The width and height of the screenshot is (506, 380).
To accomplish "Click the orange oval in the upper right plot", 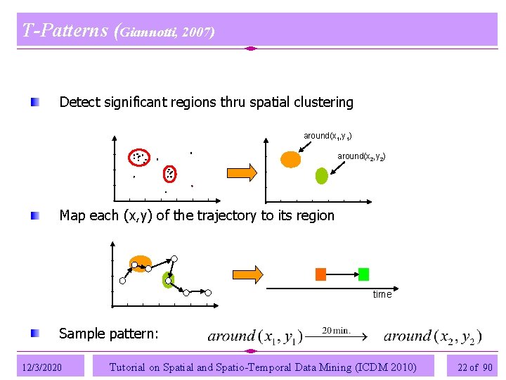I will tap(290, 159).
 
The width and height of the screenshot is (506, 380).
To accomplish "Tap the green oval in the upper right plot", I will tap(322, 176).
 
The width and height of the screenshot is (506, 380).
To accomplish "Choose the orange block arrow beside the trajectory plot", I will tap(247, 274).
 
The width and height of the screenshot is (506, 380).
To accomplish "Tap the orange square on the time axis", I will tap(320, 274).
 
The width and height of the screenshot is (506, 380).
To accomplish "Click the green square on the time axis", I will tap(363, 274).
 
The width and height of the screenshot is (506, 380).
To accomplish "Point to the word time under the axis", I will tap(382, 294).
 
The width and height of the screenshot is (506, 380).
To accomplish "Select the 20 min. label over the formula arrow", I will tap(337, 330).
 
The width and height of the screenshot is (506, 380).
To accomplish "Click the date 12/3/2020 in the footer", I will tap(41, 367).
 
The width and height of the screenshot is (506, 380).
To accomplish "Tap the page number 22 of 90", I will tap(475, 367).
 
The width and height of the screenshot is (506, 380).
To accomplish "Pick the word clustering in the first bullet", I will tap(323, 102).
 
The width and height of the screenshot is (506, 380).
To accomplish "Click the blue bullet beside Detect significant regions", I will tap(35, 103).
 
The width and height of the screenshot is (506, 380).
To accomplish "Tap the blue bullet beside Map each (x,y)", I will tap(35, 215).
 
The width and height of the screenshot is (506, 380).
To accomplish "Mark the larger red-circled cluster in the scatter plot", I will tap(138, 158).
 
